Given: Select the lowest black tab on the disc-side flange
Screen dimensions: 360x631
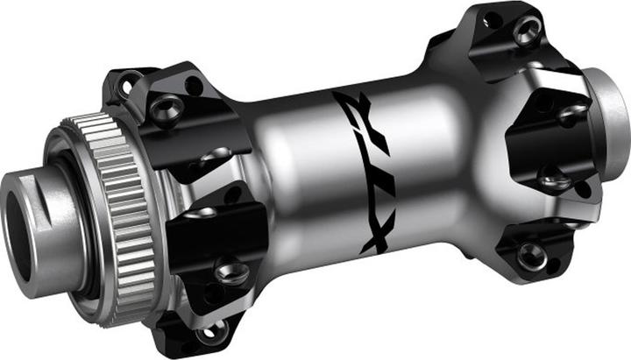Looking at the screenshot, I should (x=188, y=324).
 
